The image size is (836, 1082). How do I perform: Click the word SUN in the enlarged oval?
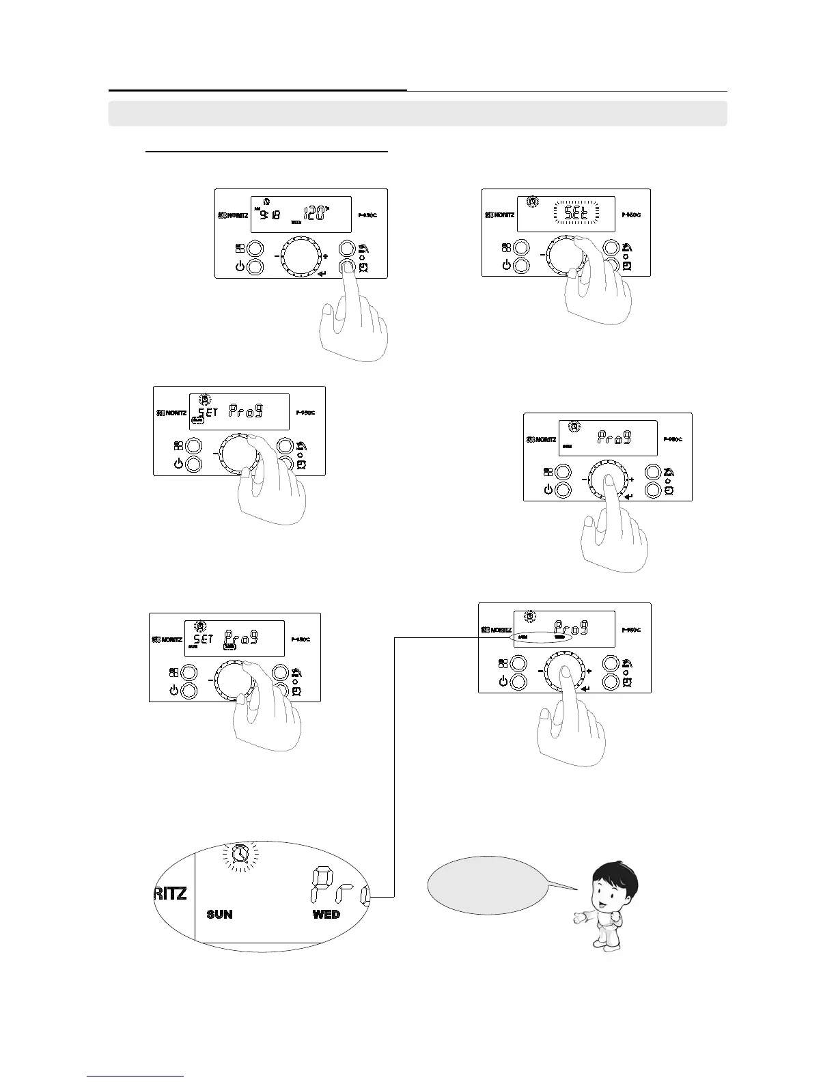pos(219,914)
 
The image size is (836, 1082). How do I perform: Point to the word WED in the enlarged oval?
pos(326,914)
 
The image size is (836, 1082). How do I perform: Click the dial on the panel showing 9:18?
pos(301,257)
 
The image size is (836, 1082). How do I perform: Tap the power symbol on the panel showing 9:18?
pos(240,266)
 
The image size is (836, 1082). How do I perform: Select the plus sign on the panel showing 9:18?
pos(326,257)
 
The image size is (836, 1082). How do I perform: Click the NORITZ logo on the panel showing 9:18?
pos(232,215)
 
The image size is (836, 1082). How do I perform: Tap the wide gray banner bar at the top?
pos(417,113)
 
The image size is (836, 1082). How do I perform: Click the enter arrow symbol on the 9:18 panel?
pos(322,275)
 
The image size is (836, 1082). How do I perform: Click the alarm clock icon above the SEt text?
pos(533,202)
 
